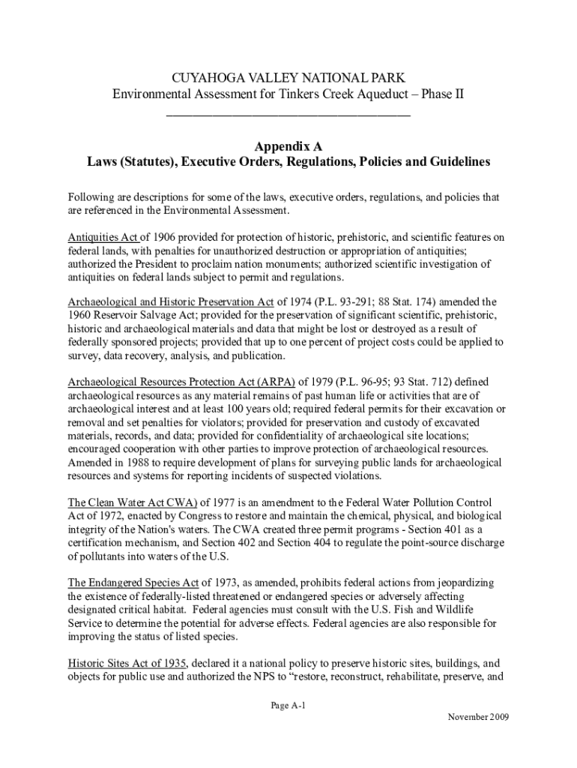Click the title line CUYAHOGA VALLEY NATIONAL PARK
[x=288, y=77]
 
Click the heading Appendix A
[x=288, y=147]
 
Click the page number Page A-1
[x=288, y=706]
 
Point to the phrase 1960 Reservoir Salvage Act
[x=127, y=316]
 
